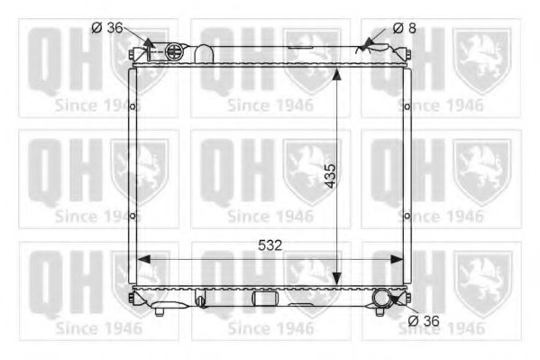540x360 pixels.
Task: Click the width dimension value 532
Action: point(270,245)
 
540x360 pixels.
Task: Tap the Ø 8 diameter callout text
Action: point(405,28)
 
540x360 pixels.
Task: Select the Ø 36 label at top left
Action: point(105,28)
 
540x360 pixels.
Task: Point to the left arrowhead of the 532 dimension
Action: point(142,258)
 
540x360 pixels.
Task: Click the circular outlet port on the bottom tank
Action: point(384,298)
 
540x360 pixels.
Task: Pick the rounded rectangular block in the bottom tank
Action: point(264,299)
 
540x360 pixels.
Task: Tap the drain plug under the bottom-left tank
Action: point(160,312)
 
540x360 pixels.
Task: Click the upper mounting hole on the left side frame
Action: point(133,107)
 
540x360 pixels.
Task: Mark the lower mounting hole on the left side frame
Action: point(133,216)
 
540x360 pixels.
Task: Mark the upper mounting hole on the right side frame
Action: point(408,107)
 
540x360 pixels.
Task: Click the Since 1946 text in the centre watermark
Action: point(270,217)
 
